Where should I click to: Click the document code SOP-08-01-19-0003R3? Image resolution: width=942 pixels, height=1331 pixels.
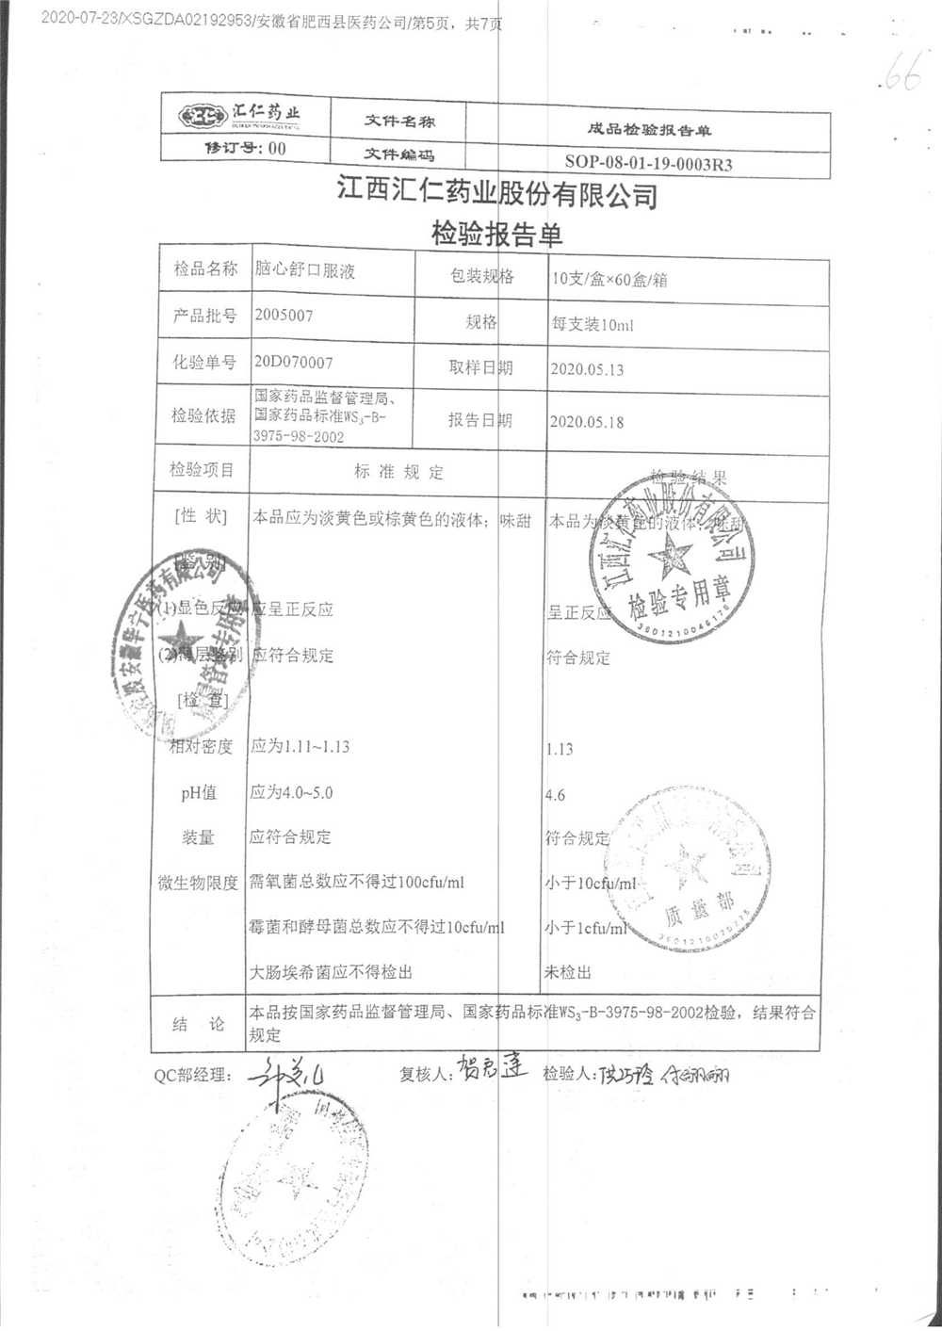point(648,163)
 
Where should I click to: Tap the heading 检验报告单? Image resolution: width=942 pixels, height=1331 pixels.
point(496,233)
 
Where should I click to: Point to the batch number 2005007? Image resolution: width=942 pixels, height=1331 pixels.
point(283,316)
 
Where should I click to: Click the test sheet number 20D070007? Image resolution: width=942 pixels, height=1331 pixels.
point(293,363)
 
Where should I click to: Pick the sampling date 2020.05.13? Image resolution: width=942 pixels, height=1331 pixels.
point(587,369)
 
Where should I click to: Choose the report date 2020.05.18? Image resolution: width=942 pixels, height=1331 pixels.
point(587,422)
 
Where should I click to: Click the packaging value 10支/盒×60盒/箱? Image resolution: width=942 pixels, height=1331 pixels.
point(610,279)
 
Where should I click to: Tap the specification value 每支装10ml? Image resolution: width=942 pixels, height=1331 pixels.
point(593,324)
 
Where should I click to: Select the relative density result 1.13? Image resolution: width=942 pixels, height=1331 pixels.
point(560,749)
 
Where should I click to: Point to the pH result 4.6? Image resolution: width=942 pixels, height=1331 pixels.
point(556,795)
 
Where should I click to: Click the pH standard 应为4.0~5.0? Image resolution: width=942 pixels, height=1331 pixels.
point(291,793)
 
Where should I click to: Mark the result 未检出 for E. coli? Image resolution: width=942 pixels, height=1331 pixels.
point(568,972)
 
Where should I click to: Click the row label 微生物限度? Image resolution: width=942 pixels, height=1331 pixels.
point(198,884)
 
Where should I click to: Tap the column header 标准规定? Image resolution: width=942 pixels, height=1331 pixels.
point(398,472)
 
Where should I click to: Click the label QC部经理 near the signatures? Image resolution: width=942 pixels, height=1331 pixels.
point(192,1075)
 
